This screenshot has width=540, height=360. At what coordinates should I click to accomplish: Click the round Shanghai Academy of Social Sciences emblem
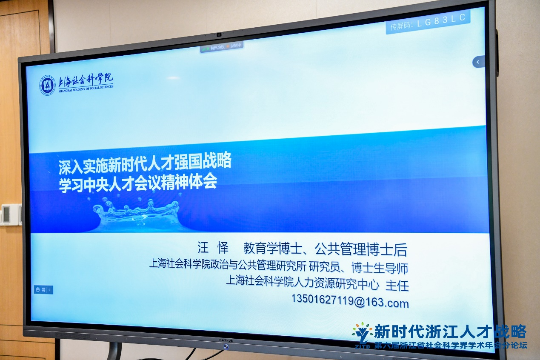coord(48,85)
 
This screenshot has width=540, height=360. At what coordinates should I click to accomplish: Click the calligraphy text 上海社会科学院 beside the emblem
coord(86,80)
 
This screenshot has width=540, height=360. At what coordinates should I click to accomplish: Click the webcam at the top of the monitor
coord(219,35)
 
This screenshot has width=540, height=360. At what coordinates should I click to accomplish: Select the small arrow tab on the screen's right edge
coord(478,62)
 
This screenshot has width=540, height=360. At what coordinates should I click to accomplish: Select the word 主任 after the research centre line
coord(397,286)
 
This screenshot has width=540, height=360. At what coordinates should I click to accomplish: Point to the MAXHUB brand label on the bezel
coord(226,340)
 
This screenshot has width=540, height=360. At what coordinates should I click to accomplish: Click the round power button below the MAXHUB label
coord(226,346)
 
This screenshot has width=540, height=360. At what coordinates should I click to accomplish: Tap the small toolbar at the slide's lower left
coord(43,290)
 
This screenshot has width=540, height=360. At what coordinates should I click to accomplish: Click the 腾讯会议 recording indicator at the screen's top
coord(222,46)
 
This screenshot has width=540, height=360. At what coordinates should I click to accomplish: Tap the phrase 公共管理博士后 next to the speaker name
coord(361,249)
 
